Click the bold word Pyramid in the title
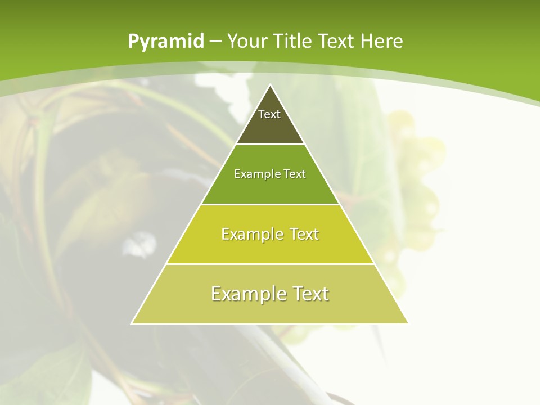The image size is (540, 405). click(x=165, y=42)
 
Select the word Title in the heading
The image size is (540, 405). click(x=292, y=41)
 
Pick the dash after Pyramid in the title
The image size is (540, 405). click(x=214, y=42)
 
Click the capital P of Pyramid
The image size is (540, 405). click(x=133, y=41)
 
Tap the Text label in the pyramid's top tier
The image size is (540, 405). click(x=269, y=114)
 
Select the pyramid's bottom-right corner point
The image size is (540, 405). click(x=408, y=323)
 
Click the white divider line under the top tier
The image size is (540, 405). click(x=270, y=145)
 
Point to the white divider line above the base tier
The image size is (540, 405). click(x=270, y=264)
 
